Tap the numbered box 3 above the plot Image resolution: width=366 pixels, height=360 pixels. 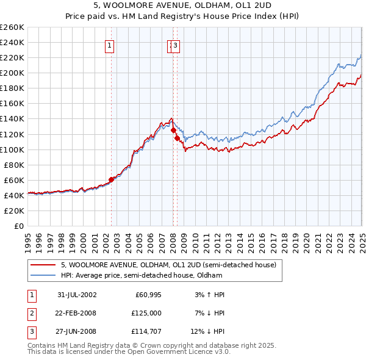[176, 45]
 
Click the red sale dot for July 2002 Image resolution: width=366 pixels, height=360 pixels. [112, 179]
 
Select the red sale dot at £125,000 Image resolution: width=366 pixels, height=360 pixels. [174, 130]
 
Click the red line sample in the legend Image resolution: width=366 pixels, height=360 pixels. [43, 265]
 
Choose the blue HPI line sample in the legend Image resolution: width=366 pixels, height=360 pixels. [43, 275]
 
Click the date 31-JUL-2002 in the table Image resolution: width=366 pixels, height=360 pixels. [77, 295]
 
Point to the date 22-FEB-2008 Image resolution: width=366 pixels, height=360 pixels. [77, 313]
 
